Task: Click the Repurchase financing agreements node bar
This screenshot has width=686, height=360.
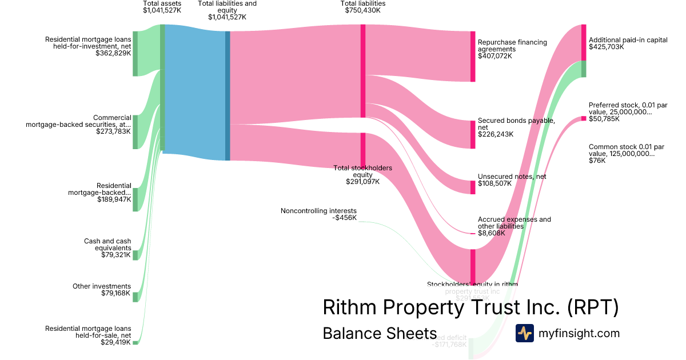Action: [473, 56]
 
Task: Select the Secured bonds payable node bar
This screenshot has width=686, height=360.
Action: [473, 134]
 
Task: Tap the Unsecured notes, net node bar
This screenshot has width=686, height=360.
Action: [473, 187]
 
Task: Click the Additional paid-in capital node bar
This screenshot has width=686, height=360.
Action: [584, 42]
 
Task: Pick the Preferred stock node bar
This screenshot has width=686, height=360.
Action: [584, 118]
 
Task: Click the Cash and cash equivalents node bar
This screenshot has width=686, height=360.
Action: [135, 254]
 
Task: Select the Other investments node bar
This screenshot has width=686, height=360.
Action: [135, 297]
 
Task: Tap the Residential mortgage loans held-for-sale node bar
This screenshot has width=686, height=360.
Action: [135, 342]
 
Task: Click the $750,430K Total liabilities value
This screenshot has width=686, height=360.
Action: [362, 10]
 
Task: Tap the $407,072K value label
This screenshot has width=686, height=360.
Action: [495, 56]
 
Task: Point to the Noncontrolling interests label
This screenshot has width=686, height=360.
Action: [318, 211]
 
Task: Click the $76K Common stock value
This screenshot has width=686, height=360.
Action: [597, 161]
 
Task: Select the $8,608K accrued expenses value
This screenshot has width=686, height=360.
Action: [491, 233]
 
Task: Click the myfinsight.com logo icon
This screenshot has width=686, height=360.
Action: [524, 333]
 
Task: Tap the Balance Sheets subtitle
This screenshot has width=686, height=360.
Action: [380, 334]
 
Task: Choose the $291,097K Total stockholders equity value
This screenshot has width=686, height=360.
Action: [362, 182]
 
